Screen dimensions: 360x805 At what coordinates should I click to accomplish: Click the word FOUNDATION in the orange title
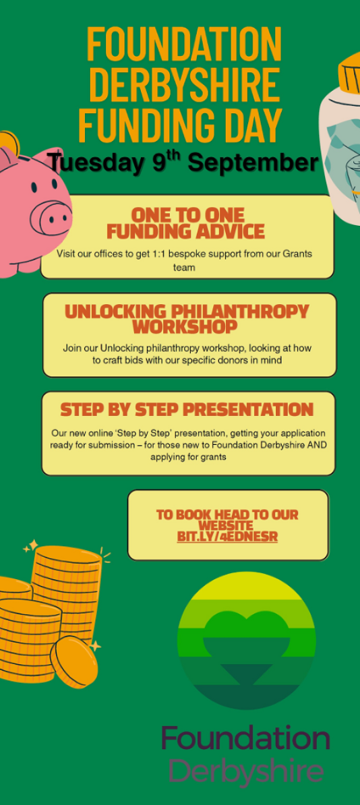tap(184, 44)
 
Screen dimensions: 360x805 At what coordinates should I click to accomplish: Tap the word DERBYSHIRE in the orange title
tap(184, 84)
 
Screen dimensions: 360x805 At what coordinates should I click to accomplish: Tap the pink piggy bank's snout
tap(51, 216)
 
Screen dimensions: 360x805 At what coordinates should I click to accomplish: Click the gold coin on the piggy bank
tap(9, 142)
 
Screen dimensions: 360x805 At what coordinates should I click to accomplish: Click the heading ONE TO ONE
tap(187, 214)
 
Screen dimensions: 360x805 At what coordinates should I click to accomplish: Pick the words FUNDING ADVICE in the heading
tap(186, 231)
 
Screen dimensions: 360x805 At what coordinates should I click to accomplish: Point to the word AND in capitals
tap(317, 444)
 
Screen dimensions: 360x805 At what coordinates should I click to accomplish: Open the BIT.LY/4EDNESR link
tap(227, 537)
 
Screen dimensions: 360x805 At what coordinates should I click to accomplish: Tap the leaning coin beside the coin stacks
tap(74, 662)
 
